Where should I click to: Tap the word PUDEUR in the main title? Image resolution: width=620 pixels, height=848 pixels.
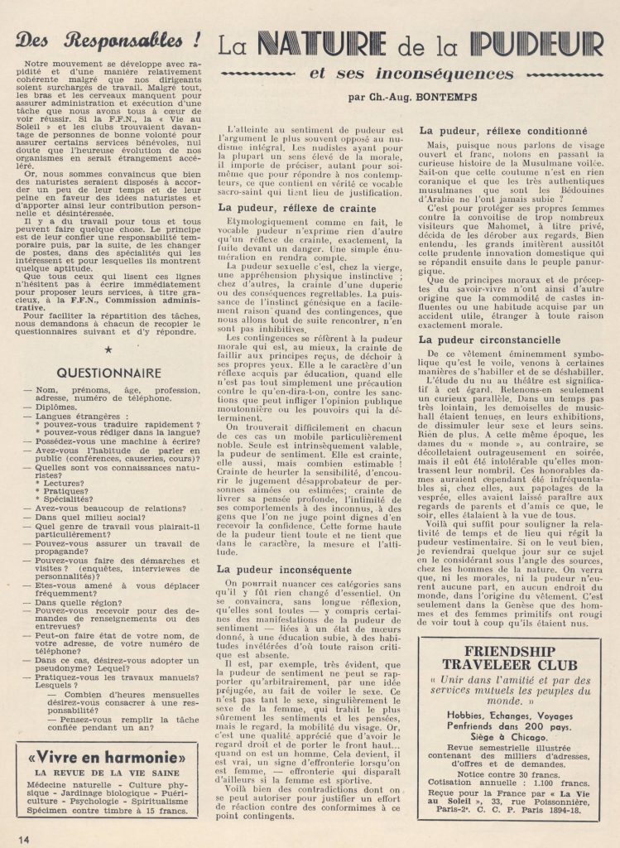click(x=529, y=44)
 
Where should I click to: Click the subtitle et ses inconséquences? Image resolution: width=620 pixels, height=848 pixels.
click(x=410, y=74)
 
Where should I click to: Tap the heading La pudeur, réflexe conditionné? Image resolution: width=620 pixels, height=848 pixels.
click(x=497, y=131)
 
